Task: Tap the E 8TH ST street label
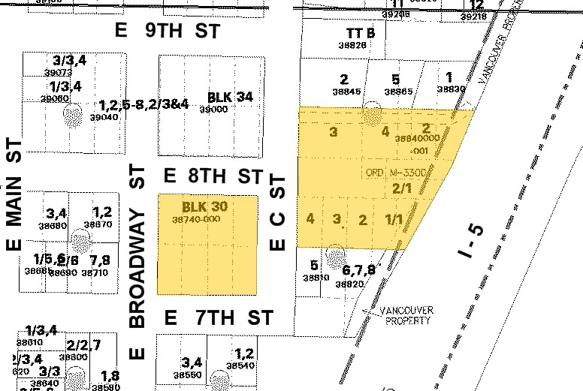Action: click(213, 176)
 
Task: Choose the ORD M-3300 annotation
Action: click(396, 173)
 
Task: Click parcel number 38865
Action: click(398, 91)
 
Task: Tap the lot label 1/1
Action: click(393, 220)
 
